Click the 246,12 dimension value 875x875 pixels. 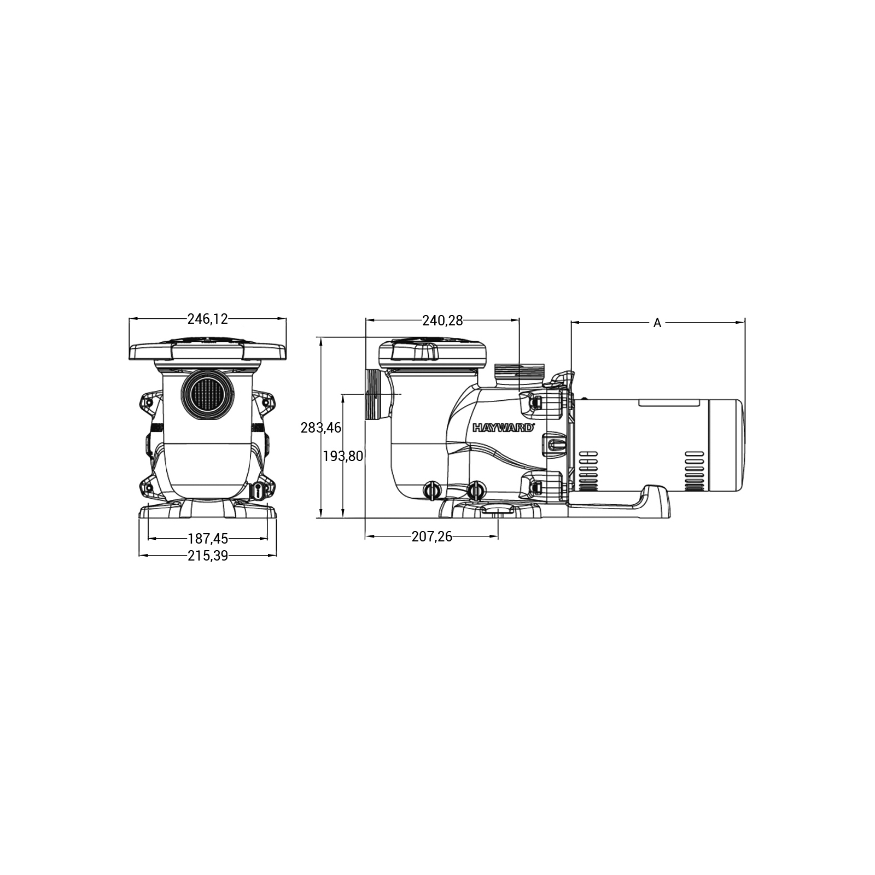coord(207,319)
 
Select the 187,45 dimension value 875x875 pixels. coord(207,539)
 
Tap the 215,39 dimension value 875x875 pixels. coord(207,556)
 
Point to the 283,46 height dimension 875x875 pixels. coord(321,428)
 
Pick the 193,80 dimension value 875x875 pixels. coord(343,456)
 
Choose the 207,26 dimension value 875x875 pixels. coord(432,536)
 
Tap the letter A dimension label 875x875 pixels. coord(657,323)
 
